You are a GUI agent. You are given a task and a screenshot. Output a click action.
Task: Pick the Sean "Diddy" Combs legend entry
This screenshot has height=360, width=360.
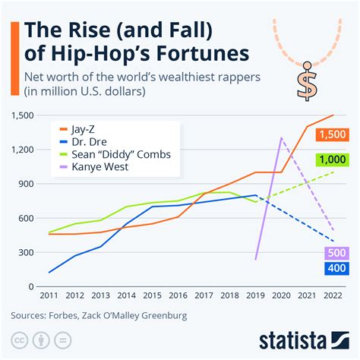click(x=114, y=154)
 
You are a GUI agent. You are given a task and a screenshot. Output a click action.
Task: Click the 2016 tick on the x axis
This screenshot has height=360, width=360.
click(x=178, y=295)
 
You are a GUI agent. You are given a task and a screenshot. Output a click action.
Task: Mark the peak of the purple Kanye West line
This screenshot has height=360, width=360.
click(x=282, y=138)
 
